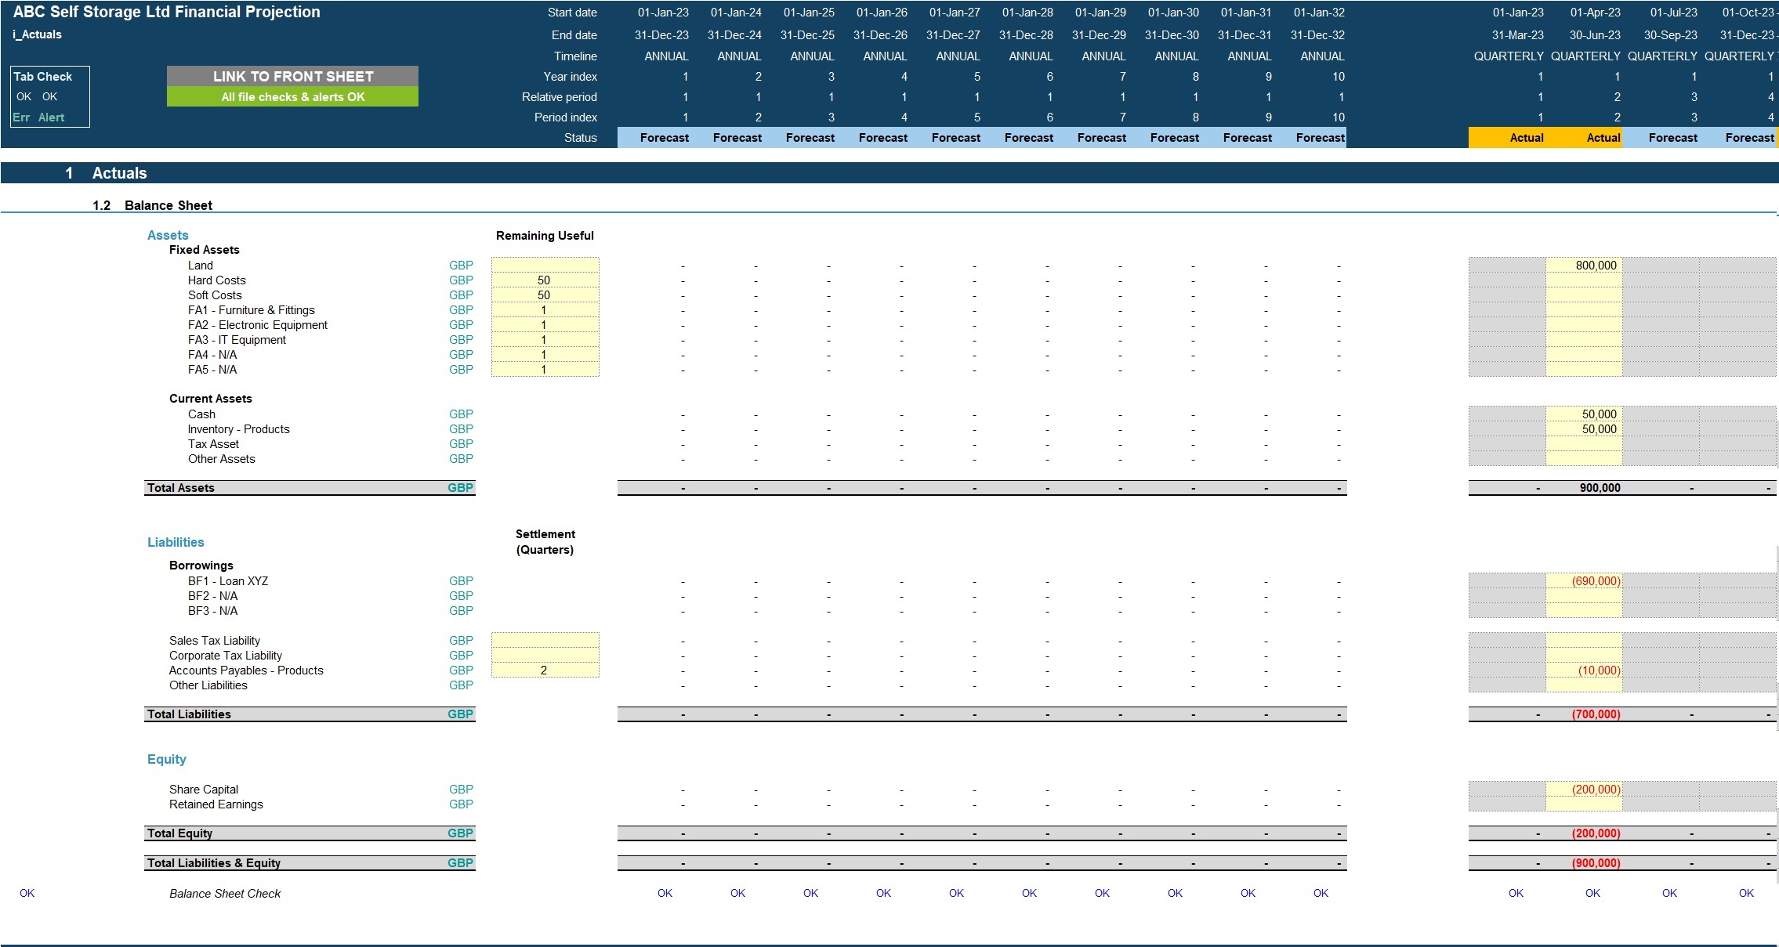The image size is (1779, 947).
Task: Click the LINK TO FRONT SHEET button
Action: click(x=292, y=76)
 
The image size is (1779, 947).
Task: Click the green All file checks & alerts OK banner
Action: click(x=292, y=97)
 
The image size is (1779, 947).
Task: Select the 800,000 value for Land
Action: click(x=1596, y=266)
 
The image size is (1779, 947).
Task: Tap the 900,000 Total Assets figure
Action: click(x=1600, y=488)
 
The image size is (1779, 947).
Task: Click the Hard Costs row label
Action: click(x=216, y=280)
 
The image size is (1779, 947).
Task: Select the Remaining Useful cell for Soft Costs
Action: click(x=545, y=295)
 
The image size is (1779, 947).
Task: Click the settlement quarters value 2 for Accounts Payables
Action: click(x=545, y=670)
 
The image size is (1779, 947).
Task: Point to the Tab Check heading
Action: click(x=43, y=77)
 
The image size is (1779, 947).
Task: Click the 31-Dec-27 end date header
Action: click(x=953, y=35)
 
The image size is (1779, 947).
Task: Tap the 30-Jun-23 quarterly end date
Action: click(x=1595, y=35)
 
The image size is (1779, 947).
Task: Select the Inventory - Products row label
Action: click(x=238, y=429)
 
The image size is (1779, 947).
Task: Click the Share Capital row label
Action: click(x=204, y=790)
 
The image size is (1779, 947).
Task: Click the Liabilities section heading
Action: click(x=176, y=542)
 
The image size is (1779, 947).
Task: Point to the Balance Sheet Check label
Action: click(x=225, y=894)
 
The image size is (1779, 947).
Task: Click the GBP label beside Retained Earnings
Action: click(x=461, y=804)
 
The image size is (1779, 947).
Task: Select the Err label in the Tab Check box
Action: click(x=21, y=117)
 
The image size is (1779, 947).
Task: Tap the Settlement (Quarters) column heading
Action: click(x=545, y=542)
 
